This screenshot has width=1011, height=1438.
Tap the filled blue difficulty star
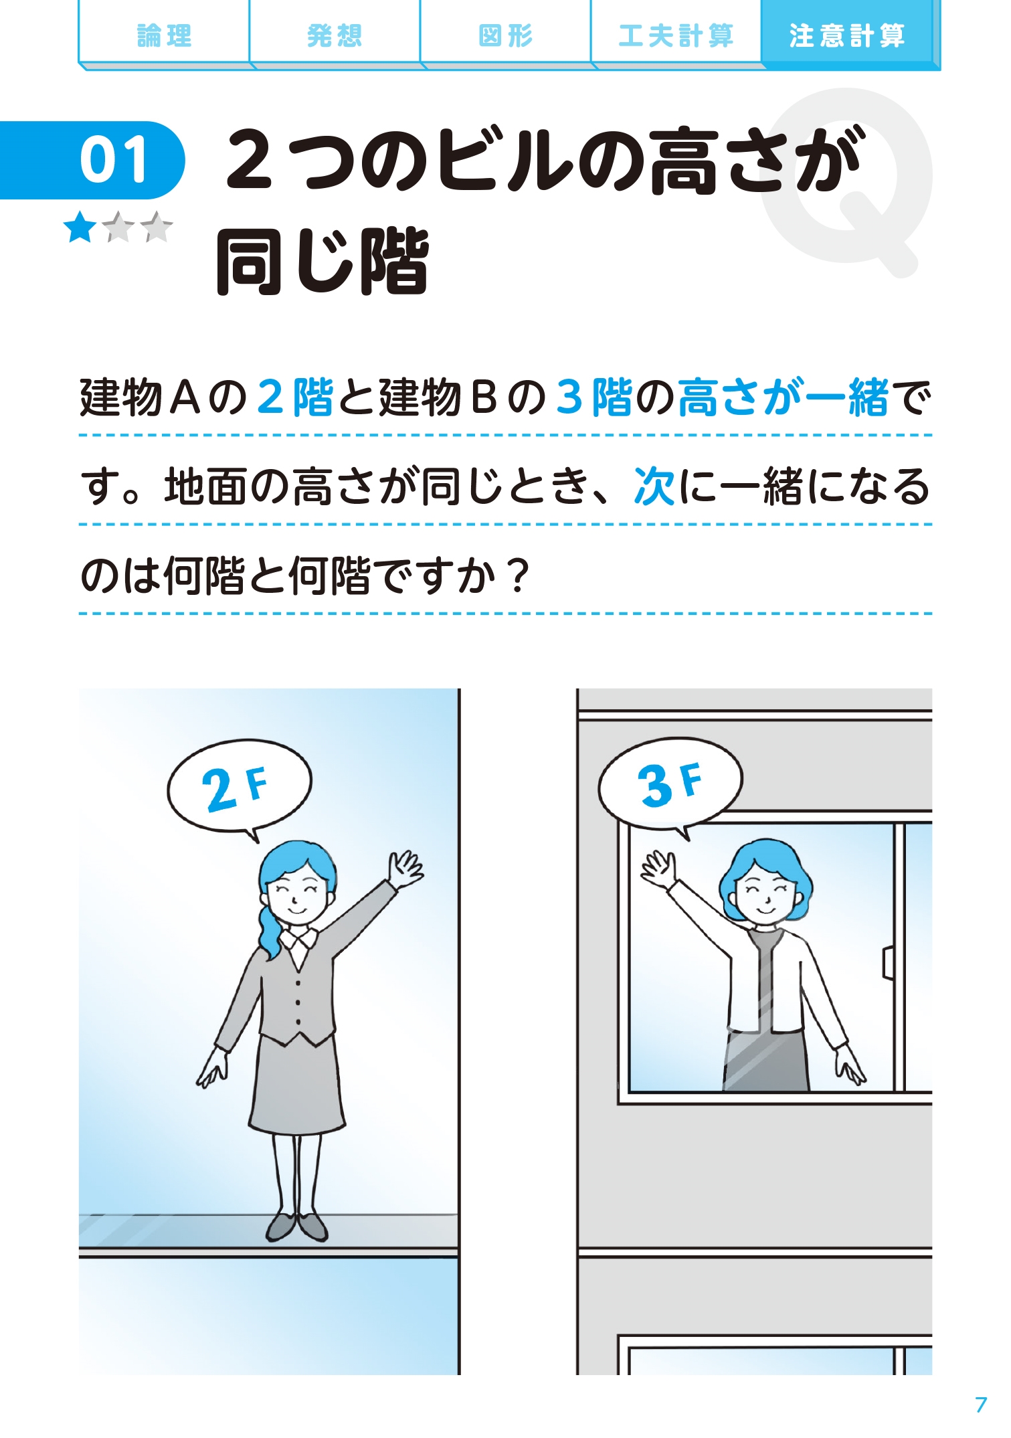pos(80,228)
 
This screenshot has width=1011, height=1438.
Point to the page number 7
pos(981,1404)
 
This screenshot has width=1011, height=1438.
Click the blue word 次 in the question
pos(654,486)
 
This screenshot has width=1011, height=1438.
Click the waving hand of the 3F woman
pos(658,869)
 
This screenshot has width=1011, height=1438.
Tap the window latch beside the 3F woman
pos(889,963)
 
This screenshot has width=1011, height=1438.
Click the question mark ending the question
pos(517,575)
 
